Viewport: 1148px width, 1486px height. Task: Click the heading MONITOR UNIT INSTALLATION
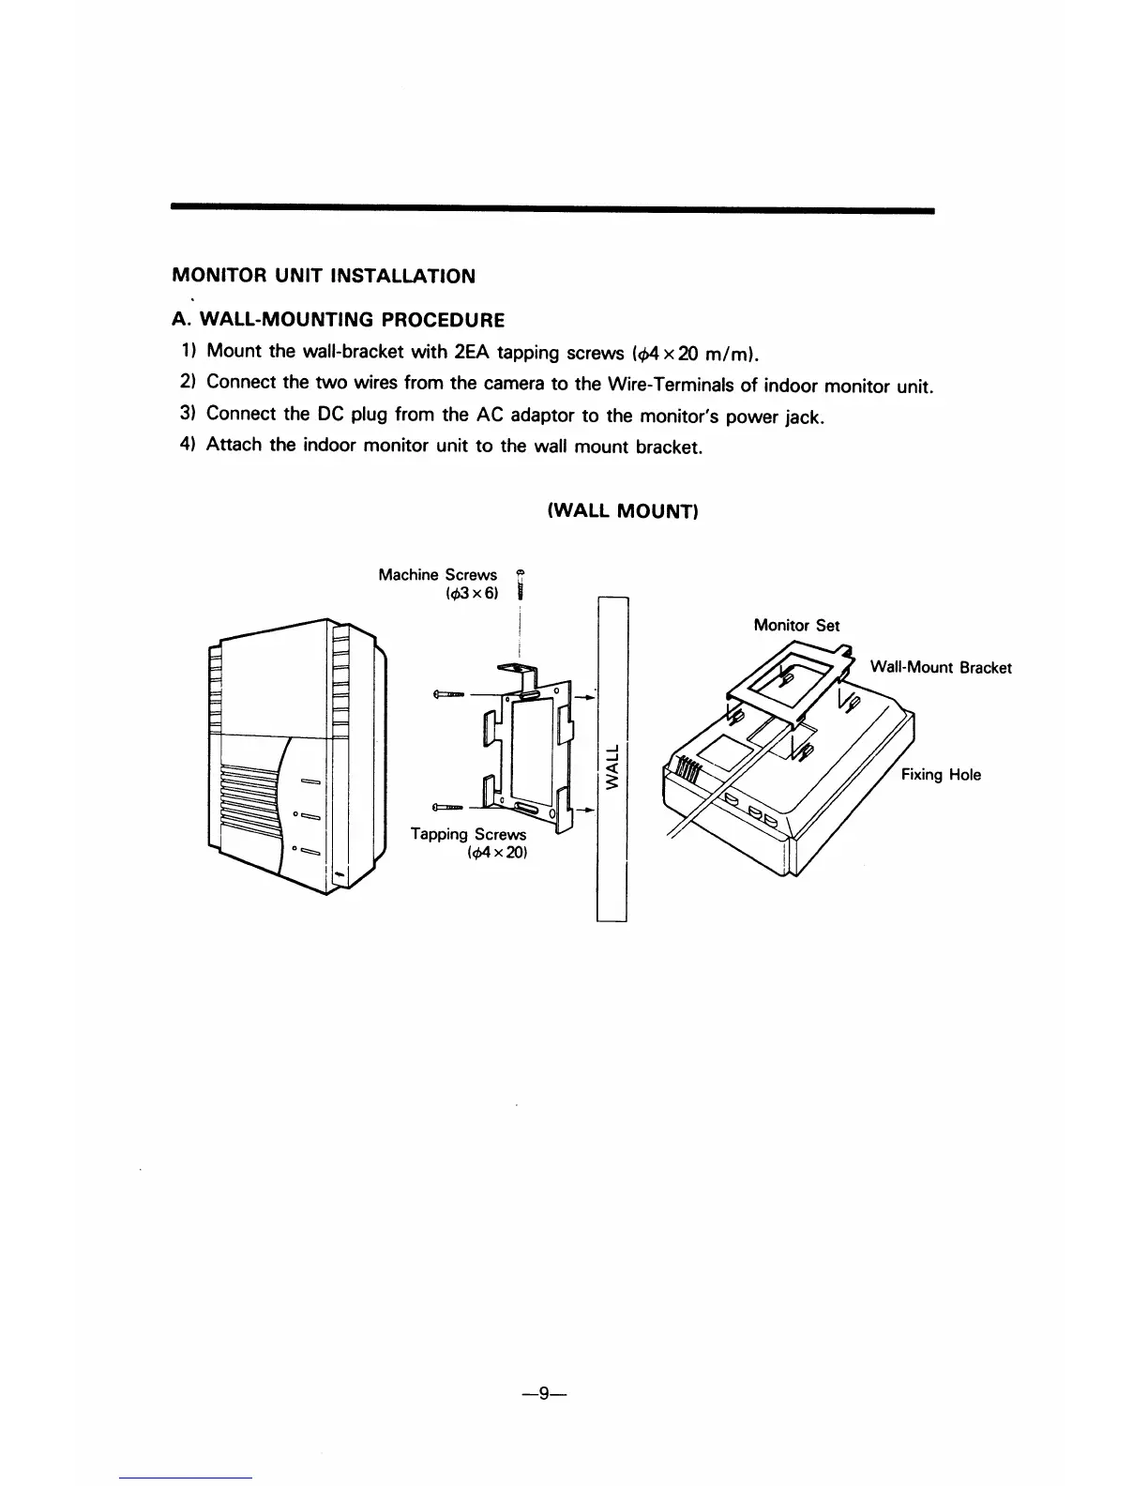[x=324, y=277]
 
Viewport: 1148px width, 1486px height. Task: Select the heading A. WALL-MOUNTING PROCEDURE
[x=339, y=321]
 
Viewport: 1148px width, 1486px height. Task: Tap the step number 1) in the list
[x=188, y=352]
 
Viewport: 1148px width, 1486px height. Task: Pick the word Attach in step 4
[x=234, y=446]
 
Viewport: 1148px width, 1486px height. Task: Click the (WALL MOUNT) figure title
[x=622, y=511]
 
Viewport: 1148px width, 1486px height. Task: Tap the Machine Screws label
[x=437, y=574]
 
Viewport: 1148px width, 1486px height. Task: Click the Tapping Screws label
[x=469, y=834]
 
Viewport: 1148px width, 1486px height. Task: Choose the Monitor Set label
[x=796, y=626]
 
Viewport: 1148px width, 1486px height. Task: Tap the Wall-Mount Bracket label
[x=941, y=668]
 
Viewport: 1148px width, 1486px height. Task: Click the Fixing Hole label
[x=941, y=775]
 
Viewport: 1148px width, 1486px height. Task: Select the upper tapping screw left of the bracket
[x=449, y=694]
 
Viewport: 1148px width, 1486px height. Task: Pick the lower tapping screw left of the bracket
[x=447, y=806]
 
